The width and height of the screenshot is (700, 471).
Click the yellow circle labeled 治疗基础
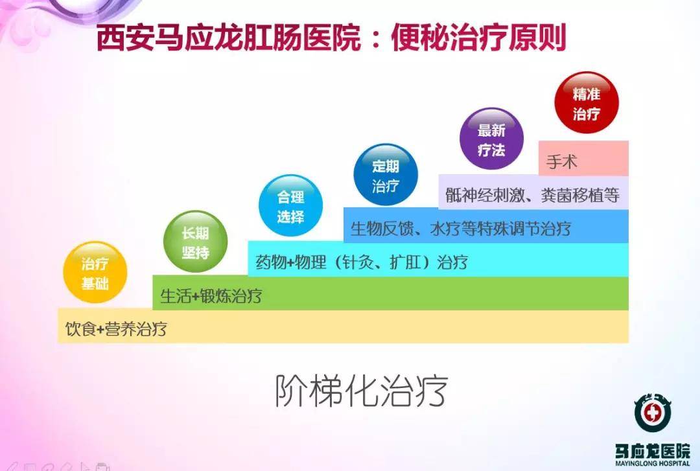(95, 272)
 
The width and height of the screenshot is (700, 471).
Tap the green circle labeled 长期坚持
(195, 242)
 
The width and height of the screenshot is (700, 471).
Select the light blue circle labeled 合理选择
(290, 206)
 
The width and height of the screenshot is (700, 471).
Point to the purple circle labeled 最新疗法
(491, 139)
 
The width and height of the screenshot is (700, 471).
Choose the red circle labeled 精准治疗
(587, 104)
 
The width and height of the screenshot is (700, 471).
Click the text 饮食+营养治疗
(117, 328)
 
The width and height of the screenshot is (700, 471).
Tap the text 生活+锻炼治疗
(211, 296)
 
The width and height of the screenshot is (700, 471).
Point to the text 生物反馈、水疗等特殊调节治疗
(461, 229)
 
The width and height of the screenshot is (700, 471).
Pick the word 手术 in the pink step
(561, 161)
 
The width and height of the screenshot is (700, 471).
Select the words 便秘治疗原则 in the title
(478, 38)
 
